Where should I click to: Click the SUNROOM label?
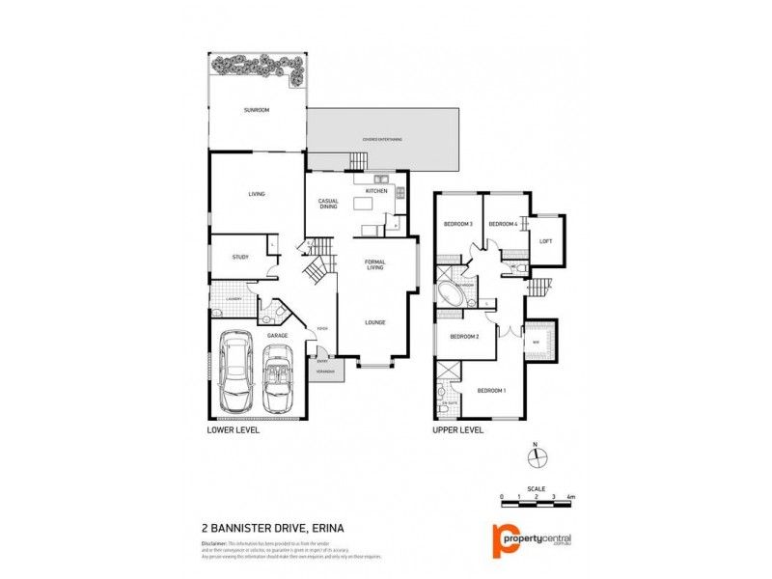click(256, 111)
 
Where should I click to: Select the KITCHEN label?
click(376, 191)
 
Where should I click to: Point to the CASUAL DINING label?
click(328, 204)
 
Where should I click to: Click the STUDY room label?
click(240, 257)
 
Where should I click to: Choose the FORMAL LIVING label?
click(375, 266)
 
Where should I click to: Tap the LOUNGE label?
click(375, 322)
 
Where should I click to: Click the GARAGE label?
click(278, 335)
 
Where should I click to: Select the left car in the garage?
click(234, 372)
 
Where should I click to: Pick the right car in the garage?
click(279, 375)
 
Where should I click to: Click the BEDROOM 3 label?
click(457, 224)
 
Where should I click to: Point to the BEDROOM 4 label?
click(503, 224)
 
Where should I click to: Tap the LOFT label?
click(545, 241)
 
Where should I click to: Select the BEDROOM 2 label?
click(464, 337)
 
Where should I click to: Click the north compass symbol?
click(539, 457)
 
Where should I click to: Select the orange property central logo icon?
click(501, 539)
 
